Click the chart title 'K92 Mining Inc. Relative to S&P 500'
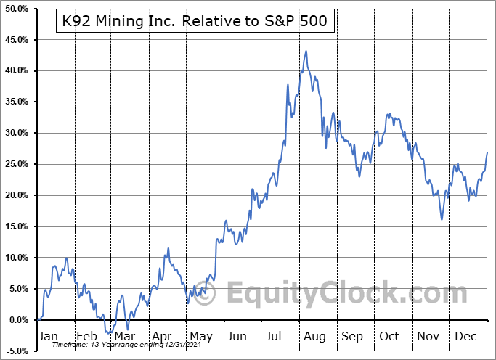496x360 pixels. [195, 22]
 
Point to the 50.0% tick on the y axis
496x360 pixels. [16, 8]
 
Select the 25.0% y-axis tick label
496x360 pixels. [16, 164]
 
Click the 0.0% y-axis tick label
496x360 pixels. [18, 320]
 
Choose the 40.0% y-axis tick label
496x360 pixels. [16, 70]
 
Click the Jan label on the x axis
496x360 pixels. [48, 336]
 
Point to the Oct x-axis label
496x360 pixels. [389, 336]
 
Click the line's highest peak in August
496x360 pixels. [306, 51]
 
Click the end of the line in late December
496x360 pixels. [487, 152]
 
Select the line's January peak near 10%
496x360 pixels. [67, 258]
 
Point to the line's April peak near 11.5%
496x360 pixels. [168, 248]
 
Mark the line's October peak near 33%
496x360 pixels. [389, 114]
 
